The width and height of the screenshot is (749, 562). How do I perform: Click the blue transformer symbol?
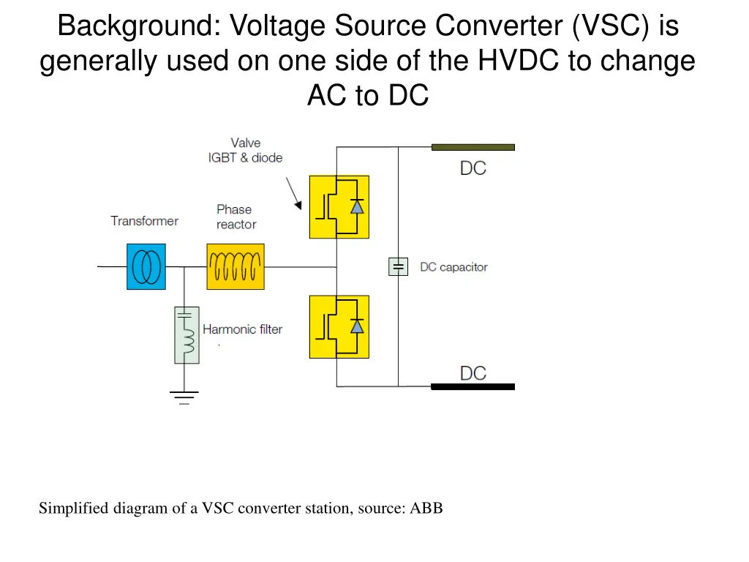click(146, 266)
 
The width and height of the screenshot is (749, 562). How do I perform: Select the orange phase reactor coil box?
click(235, 266)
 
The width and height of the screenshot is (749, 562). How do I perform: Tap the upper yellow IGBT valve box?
click(339, 207)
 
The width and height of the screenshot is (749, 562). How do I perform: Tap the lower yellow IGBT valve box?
click(339, 326)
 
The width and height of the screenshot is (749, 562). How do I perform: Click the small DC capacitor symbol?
click(398, 267)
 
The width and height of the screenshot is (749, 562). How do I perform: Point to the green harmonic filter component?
click(187, 335)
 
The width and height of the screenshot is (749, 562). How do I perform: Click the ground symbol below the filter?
click(184, 397)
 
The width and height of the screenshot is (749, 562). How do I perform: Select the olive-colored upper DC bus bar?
click(473, 147)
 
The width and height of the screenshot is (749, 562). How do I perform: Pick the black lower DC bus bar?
click(473, 386)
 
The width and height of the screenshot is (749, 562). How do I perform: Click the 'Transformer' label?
click(144, 220)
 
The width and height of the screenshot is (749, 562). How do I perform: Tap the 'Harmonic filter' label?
click(242, 329)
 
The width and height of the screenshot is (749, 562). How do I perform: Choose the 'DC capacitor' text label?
click(453, 267)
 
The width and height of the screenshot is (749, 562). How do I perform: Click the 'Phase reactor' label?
click(236, 217)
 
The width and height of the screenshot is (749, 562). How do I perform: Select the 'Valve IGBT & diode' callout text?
click(245, 150)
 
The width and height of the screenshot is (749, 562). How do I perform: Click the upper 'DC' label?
click(473, 168)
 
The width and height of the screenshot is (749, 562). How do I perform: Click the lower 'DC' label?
click(473, 373)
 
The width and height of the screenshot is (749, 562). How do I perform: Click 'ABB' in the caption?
click(426, 508)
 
